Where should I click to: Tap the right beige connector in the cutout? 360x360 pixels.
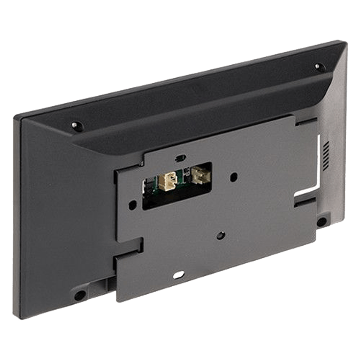coord(198,175)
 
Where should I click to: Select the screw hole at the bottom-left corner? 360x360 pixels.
coord(80,294)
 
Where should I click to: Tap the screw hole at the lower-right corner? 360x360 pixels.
coord(321,221)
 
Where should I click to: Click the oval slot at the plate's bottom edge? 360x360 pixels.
coord(179,274)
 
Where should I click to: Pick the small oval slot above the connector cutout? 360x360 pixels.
coord(180,158)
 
